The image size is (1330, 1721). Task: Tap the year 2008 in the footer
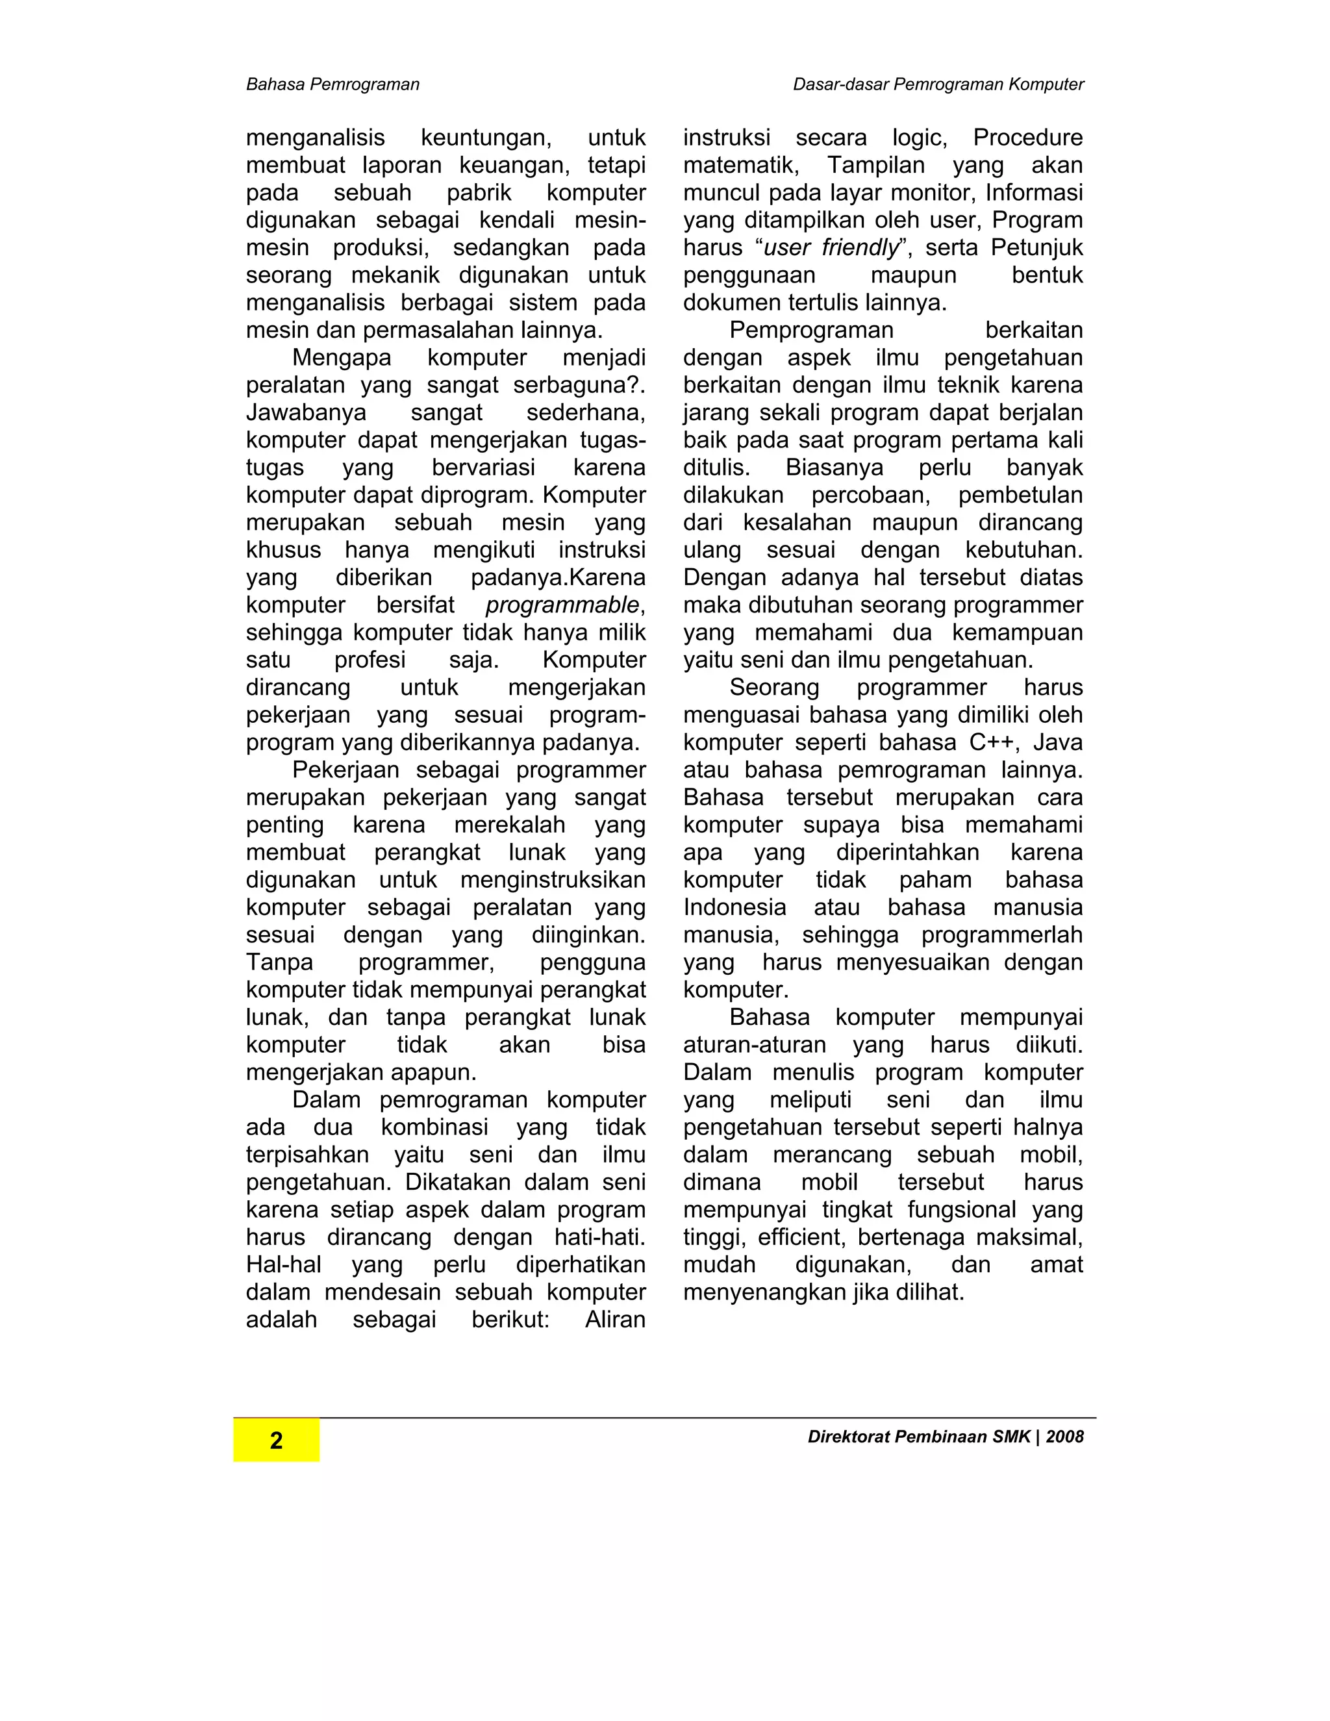[1064, 1437]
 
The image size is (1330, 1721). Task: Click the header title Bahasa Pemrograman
[332, 84]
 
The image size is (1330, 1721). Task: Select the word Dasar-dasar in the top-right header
[840, 84]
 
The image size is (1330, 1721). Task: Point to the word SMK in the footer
[1011, 1437]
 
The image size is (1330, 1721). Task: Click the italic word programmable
[562, 605]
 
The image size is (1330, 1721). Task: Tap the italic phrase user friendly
[831, 247]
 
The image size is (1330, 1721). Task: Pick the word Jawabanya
[306, 412]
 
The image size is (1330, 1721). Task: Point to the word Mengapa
[341, 357]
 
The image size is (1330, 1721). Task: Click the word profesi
[370, 660]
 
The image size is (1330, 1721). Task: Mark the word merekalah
[510, 824]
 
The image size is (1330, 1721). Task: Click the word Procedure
[1027, 137]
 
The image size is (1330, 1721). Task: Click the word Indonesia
[734, 907]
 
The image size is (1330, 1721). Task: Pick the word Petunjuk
[1037, 247]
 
